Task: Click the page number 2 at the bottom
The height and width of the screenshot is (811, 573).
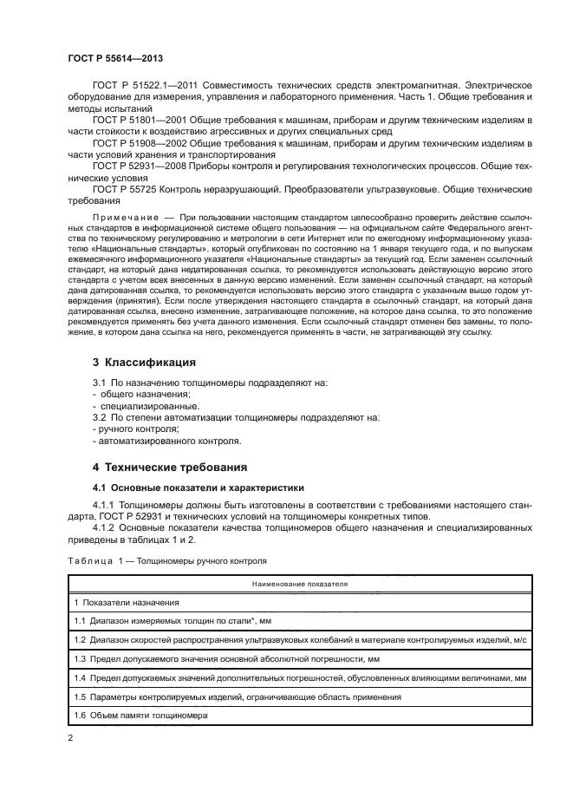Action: coord(71,738)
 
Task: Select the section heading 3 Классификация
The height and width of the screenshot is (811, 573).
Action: coord(144,361)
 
